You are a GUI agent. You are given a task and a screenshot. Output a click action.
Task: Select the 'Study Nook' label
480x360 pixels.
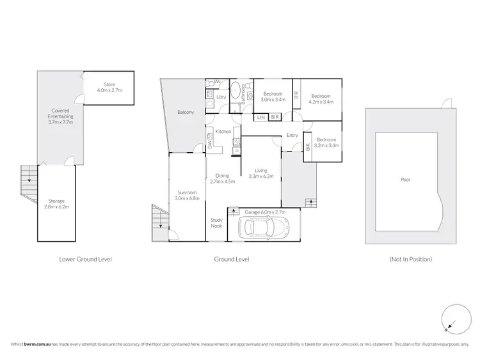(x=216, y=223)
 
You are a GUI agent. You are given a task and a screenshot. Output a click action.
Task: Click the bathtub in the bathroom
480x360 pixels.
(x=235, y=91)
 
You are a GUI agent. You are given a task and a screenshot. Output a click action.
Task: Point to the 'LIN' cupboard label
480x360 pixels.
(x=261, y=118)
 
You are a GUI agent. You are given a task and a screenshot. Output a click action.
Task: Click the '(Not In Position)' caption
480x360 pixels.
(x=410, y=259)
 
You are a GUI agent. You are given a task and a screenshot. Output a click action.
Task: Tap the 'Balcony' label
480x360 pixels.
(x=186, y=113)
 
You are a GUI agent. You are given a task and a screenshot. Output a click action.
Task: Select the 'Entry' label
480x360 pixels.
(x=292, y=135)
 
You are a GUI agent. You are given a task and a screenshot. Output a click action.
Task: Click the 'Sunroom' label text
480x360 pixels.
(x=187, y=192)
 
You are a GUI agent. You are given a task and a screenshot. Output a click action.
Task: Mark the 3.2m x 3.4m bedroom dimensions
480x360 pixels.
(x=326, y=145)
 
